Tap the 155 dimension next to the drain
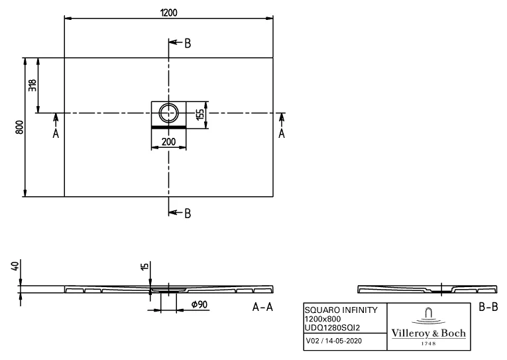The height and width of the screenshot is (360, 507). (199, 113)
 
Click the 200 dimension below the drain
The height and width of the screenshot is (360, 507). (168, 141)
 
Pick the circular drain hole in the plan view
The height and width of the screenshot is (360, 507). (168, 113)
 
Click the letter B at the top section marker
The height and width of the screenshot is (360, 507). (188, 43)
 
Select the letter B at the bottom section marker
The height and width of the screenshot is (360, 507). (188, 213)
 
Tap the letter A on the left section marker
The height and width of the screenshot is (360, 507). (56, 133)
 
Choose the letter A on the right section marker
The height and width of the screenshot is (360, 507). (282, 133)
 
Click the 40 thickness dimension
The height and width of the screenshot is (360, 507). (15, 267)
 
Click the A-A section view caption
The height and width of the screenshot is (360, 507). (263, 307)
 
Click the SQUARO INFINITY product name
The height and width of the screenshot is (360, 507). (341, 310)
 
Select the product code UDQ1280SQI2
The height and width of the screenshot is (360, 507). (333, 327)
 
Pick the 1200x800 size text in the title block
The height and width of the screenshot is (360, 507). (322, 318)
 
